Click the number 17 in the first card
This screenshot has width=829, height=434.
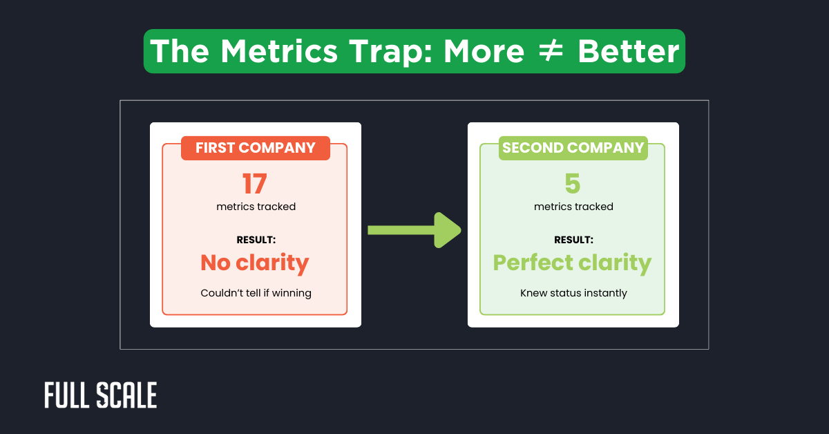click(x=254, y=184)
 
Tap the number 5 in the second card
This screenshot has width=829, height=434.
click(x=572, y=184)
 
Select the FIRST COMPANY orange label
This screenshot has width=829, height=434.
click(x=255, y=148)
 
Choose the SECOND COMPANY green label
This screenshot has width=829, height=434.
click(x=573, y=148)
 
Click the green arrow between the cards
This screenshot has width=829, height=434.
click(x=414, y=229)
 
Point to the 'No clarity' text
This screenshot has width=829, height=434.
click(x=254, y=263)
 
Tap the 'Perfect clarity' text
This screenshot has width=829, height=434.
click(x=572, y=263)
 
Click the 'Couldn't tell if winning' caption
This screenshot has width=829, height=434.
click(x=256, y=293)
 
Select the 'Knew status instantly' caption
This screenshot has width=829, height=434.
click(x=573, y=293)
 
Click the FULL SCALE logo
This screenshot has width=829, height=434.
click(x=100, y=395)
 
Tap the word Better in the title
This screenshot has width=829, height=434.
click(x=628, y=52)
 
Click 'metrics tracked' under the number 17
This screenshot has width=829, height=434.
click(x=256, y=207)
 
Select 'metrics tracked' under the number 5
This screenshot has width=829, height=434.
click(x=573, y=207)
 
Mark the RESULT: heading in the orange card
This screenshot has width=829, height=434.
click(x=256, y=240)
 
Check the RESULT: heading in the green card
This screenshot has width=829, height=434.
click(x=573, y=240)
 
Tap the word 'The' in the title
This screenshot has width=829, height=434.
click(x=179, y=52)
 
